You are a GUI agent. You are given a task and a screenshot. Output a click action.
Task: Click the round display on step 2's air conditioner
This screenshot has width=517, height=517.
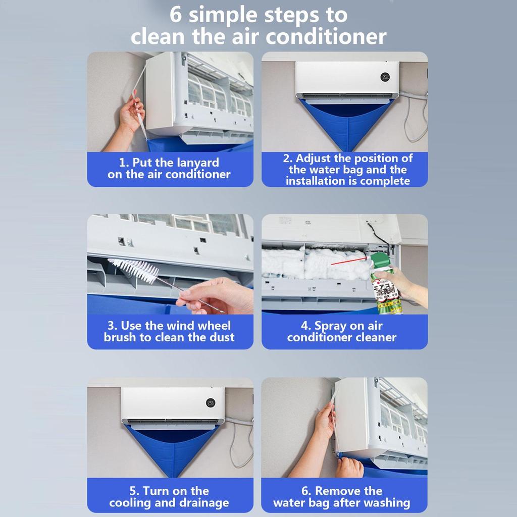point(385,77)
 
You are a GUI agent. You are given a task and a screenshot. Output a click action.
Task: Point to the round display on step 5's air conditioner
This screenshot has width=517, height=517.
point(211,402)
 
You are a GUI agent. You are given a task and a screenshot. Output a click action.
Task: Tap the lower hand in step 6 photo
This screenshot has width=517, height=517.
point(349,468)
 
